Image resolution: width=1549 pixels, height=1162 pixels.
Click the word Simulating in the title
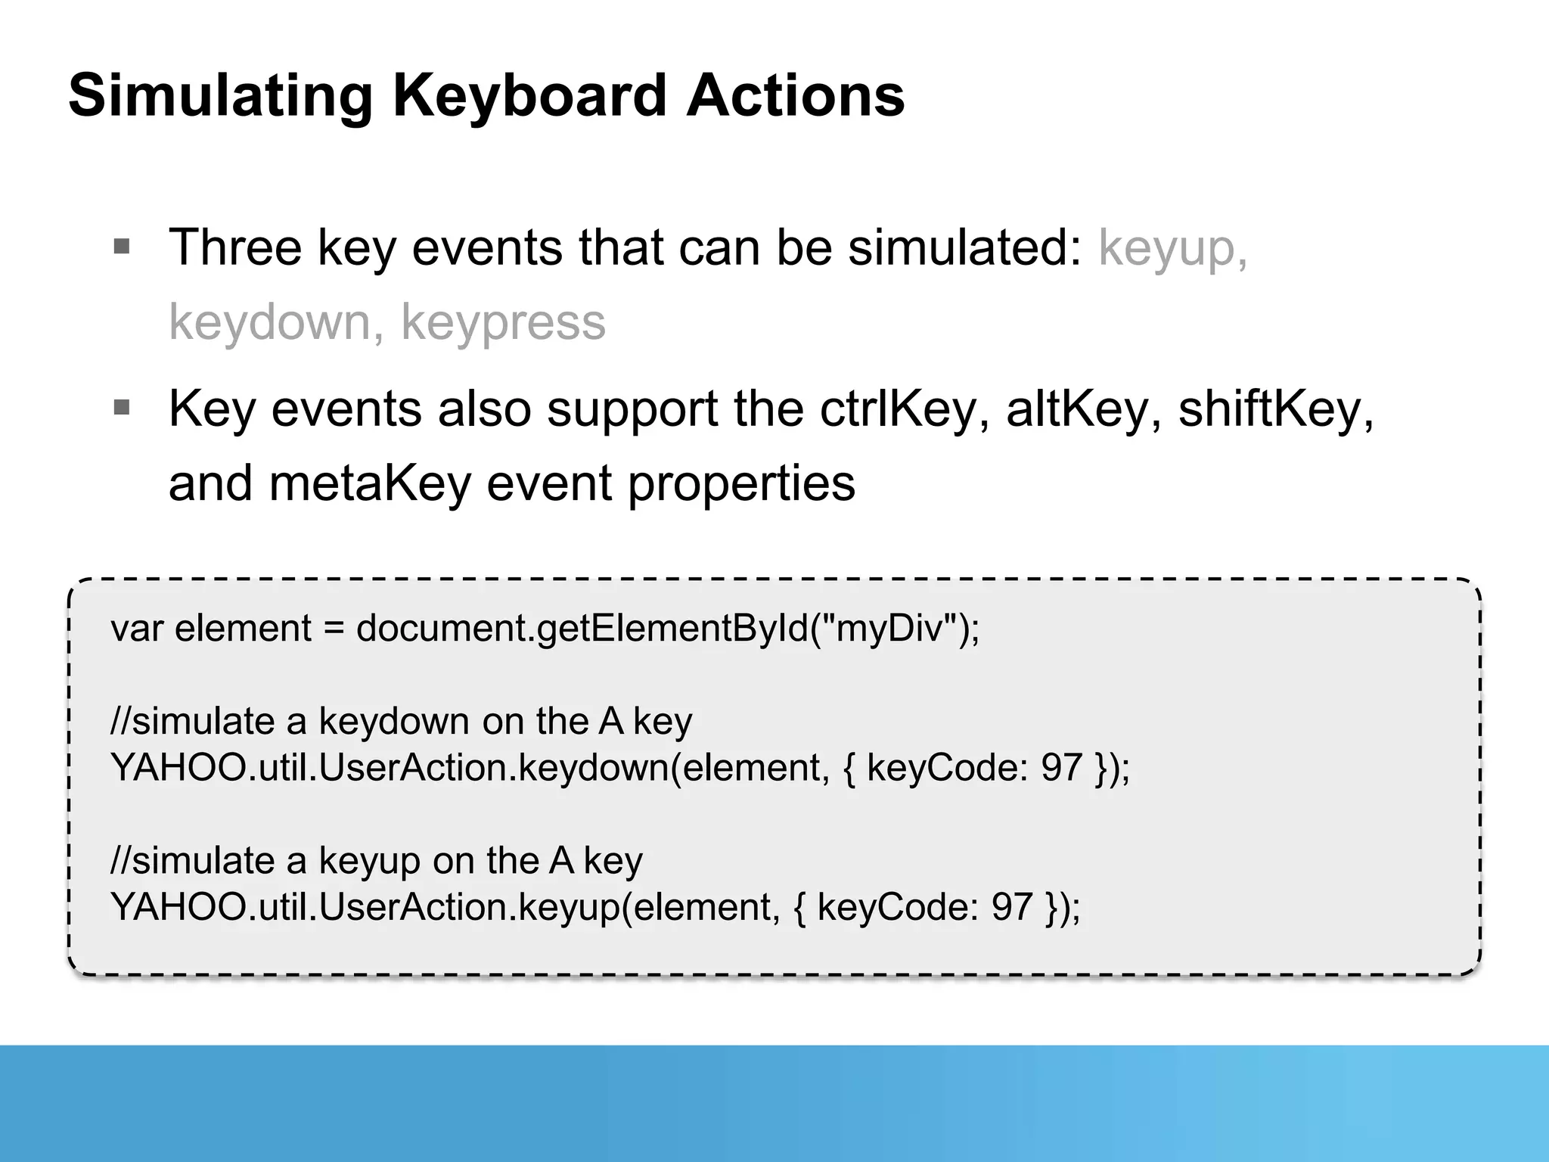[220, 96]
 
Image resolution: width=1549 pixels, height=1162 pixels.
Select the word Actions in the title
[795, 96]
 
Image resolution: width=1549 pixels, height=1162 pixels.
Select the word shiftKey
[1275, 410]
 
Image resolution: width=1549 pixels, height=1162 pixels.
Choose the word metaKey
[370, 484]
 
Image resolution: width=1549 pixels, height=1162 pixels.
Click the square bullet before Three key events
[122, 246]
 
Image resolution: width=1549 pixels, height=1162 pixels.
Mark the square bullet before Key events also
[122, 408]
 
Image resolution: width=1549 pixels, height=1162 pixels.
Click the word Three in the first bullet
[235, 247]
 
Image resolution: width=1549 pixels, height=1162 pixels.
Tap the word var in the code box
[136, 629]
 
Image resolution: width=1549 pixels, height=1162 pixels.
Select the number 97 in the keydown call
[1061, 768]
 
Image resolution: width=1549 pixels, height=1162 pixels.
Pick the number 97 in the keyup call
[1012, 907]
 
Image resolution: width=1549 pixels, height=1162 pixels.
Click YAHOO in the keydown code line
[178, 768]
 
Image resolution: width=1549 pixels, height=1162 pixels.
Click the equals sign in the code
[334, 629]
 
